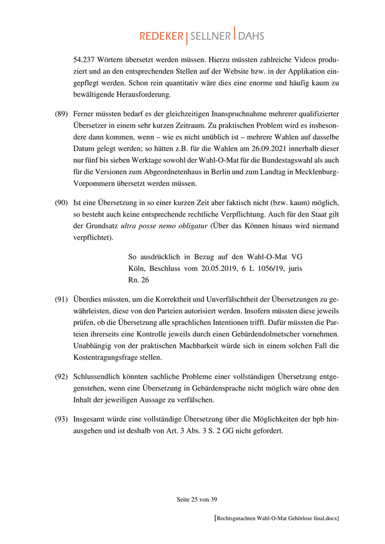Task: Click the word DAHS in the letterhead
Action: click(251, 36)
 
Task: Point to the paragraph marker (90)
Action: click(61, 203)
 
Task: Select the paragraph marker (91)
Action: click(61, 299)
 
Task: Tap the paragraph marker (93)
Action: click(61, 419)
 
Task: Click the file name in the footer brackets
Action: click(277, 518)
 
